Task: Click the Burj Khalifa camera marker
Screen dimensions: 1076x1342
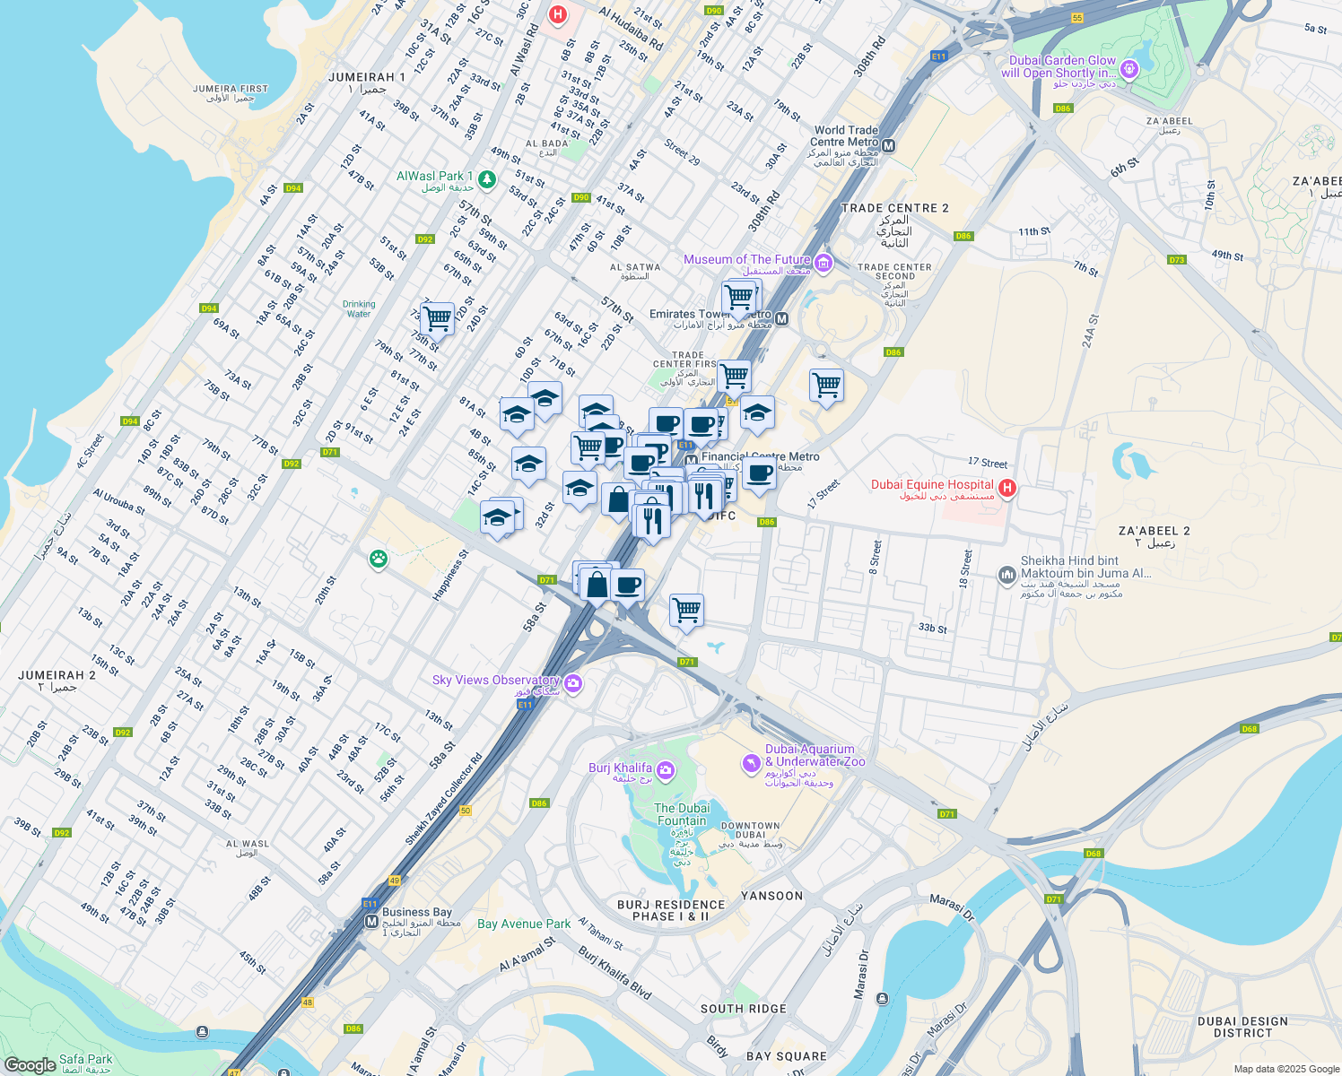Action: coord(666,770)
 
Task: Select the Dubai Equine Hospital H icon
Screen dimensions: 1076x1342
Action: coord(1006,488)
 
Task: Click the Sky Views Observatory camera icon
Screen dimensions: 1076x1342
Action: coord(573,684)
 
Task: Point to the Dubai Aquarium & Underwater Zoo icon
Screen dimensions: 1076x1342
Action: coord(751,763)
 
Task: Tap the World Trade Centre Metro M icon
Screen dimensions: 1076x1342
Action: coord(888,145)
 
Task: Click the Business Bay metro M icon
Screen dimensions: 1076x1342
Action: coord(371,921)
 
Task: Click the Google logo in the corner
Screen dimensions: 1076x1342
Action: coord(30,1064)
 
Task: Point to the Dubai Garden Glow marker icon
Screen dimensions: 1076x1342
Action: coord(1129,68)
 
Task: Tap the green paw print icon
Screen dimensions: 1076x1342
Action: coord(379,560)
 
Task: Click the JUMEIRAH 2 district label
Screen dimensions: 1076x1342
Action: coord(57,675)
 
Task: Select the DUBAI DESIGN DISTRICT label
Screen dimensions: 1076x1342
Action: coord(1242,1027)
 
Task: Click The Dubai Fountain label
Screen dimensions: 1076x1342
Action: coord(682,814)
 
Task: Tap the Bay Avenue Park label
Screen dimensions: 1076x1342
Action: coord(524,924)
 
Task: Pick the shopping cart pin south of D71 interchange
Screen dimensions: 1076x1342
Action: coord(686,611)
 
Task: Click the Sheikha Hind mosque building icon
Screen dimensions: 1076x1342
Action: coord(1006,574)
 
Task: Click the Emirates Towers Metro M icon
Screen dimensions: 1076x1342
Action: coord(781,319)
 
